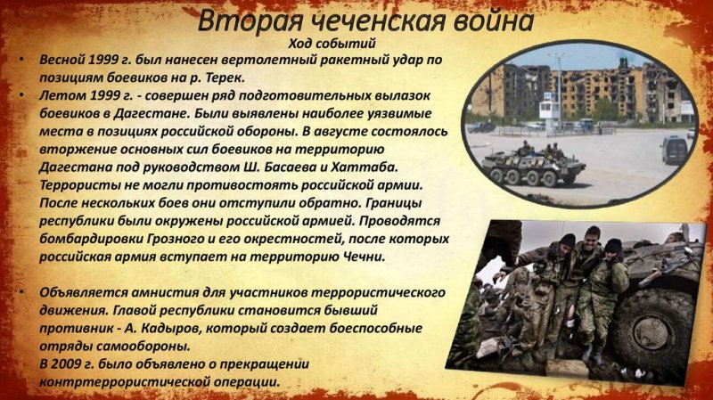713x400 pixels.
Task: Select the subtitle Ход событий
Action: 332,44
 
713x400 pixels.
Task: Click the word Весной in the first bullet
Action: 62,60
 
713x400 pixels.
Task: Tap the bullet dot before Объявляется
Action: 21,291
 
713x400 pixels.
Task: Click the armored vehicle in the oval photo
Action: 533,166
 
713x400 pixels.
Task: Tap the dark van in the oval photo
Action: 675,150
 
